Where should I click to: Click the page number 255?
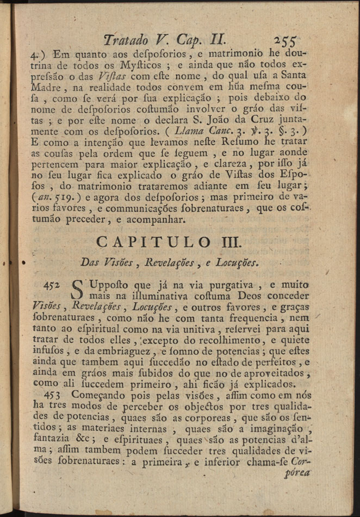(285, 40)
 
